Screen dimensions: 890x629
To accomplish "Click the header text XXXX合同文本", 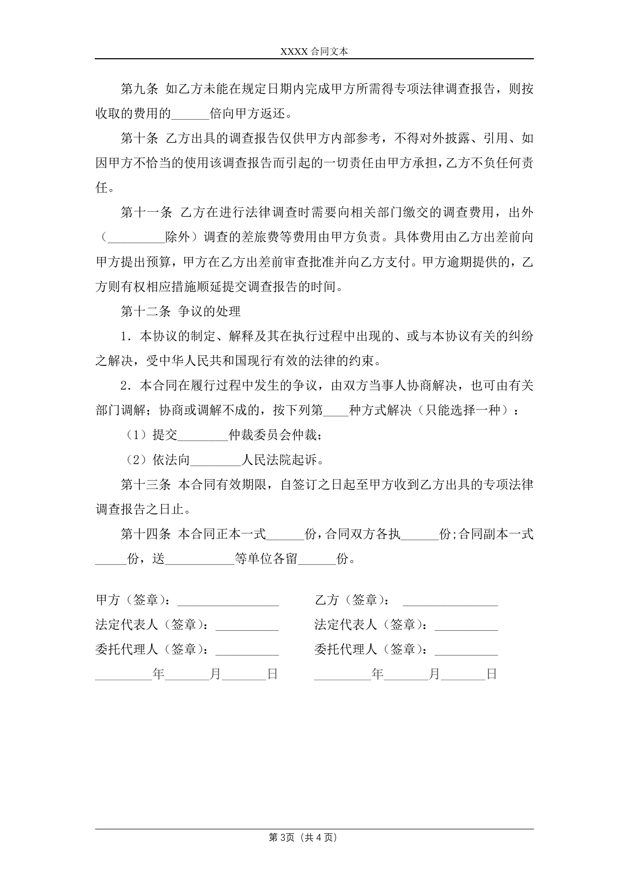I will pos(314,51).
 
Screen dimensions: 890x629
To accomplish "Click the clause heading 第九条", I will pos(139,89).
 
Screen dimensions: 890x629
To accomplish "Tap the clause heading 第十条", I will pos(139,138).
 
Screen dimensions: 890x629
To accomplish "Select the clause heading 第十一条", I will pos(146,212).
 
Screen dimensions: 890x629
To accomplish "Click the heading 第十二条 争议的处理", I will pos(180,311).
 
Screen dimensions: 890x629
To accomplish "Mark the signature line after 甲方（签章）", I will pos(228,601).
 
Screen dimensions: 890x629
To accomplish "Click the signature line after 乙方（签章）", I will pos(450,601).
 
